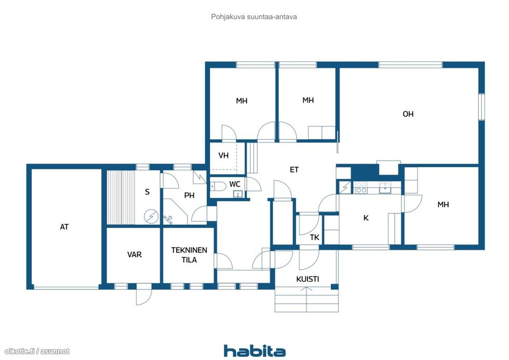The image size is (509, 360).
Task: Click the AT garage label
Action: click(64, 226)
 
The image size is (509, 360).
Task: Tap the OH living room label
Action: click(408, 114)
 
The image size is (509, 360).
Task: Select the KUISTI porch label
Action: click(307, 279)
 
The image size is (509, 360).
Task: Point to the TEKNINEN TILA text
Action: click(189, 255)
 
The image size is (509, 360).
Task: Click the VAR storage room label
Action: click(135, 255)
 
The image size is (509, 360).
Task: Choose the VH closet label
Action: click(223, 155)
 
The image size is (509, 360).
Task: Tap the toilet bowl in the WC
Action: click(218, 186)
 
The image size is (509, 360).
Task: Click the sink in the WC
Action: click(238, 194)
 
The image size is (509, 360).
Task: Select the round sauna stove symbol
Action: click(151, 217)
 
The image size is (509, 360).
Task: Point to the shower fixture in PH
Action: click(168, 219)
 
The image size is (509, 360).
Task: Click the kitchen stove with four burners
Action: click(361, 188)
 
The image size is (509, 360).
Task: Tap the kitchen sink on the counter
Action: click(385, 188)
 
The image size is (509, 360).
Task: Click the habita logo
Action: click(255, 351)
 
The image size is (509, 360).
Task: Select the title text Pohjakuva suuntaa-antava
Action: click(254, 17)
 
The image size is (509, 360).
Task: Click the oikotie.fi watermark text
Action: click(37, 351)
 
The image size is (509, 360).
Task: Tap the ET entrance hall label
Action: click(294, 169)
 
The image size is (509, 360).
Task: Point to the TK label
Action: click(314, 237)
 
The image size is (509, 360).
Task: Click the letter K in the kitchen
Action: click(366, 218)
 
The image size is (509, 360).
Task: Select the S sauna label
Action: click(148, 192)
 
